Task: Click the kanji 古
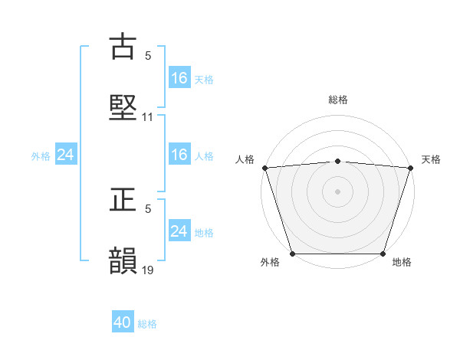[123, 47]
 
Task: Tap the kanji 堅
[123, 108]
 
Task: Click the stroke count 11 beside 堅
[148, 117]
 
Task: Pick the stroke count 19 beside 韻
[148, 270]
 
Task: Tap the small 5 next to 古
[148, 56]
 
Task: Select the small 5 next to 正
[148, 208]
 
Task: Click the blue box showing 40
[123, 323]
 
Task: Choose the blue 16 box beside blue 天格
[179, 78]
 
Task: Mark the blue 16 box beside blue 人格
[179, 155]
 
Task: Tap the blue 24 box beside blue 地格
[179, 231]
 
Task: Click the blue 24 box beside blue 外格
[66, 155]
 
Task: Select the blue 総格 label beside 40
[147, 324]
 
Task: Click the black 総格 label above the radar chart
[338, 100]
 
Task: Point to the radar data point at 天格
[410, 168]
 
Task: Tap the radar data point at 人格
[265, 168]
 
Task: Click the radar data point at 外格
[293, 253]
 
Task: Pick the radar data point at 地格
[383, 253]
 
